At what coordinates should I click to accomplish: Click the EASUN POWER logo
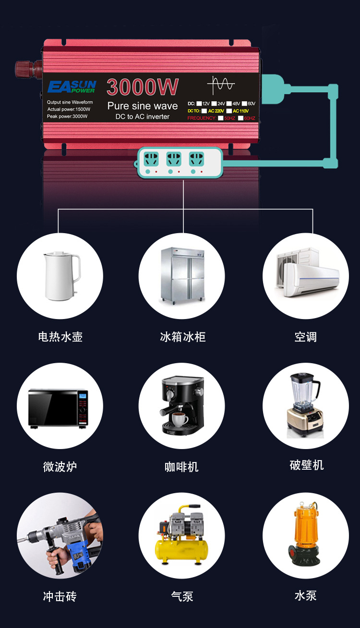pyautogui.click(x=72, y=87)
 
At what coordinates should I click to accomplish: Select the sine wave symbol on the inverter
pyautogui.click(x=221, y=85)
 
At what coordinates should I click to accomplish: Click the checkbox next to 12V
pyautogui.click(x=199, y=104)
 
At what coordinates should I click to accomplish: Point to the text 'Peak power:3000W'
pyautogui.click(x=67, y=117)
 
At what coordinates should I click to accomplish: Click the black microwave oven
pyautogui.click(x=58, y=408)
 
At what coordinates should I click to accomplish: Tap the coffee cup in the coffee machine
pyautogui.click(x=180, y=419)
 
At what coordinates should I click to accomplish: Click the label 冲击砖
pyautogui.click(x=60, y=596)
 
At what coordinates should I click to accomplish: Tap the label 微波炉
pyautogui.click(x=60, y=466)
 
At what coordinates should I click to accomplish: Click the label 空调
pyautogui.click(x=305, y=336)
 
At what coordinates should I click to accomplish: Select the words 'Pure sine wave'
pyautogui.click(x=143, y=106)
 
